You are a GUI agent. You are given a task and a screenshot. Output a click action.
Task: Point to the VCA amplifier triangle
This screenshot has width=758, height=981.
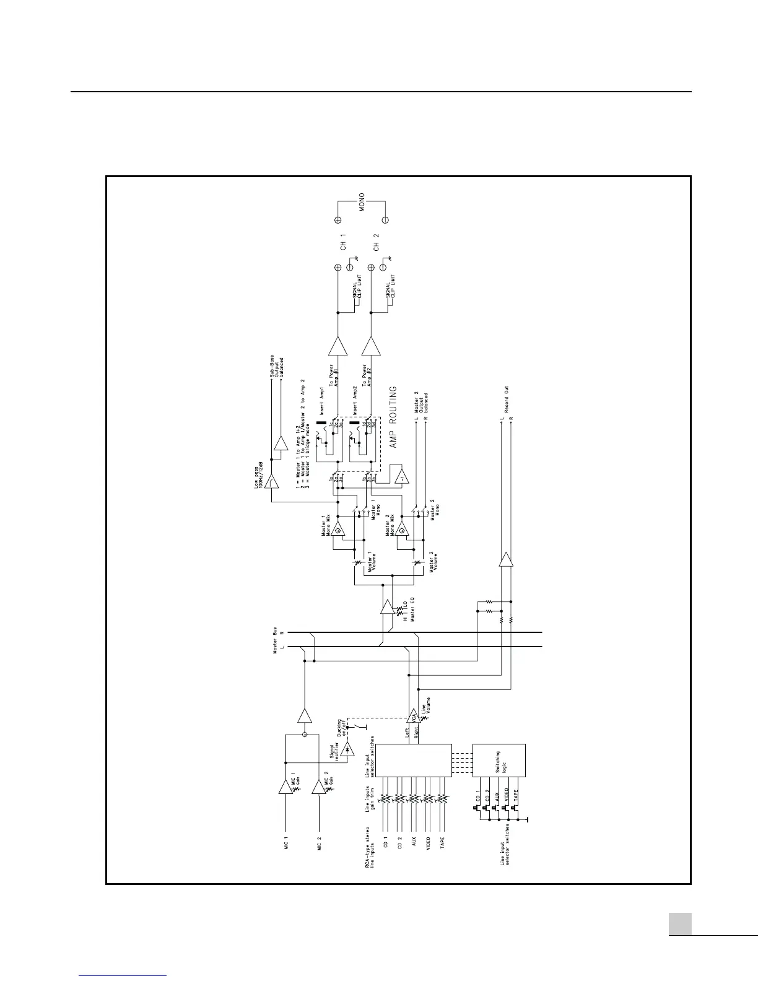413,716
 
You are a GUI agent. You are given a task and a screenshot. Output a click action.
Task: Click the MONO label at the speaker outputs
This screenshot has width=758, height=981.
362,204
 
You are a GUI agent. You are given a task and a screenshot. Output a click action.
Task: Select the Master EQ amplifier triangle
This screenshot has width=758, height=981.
387,606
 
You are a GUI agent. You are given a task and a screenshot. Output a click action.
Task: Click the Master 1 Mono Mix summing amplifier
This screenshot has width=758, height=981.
338,528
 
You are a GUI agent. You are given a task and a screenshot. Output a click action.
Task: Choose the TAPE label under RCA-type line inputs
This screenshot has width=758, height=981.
442,844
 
